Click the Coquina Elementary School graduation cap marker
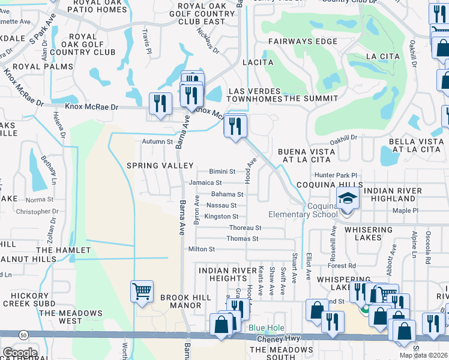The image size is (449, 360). tap(348, 197)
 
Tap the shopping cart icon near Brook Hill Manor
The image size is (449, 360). tap(142, 292)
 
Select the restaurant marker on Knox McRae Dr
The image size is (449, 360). tap(160, 103)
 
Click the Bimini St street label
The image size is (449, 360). tap(222, 172)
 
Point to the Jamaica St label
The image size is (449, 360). tap(205, 182)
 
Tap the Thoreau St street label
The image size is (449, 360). tap(245, 228)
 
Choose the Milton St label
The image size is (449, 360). tap(201, 249)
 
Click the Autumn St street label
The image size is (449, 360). tap(157, 142)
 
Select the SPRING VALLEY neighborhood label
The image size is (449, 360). tap(160, 165)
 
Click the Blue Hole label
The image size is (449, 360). tap(265, 328)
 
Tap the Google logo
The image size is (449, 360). tap(19, 353)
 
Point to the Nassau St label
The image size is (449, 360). tap(221, 205)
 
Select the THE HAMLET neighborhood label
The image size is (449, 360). tap(63, 250)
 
